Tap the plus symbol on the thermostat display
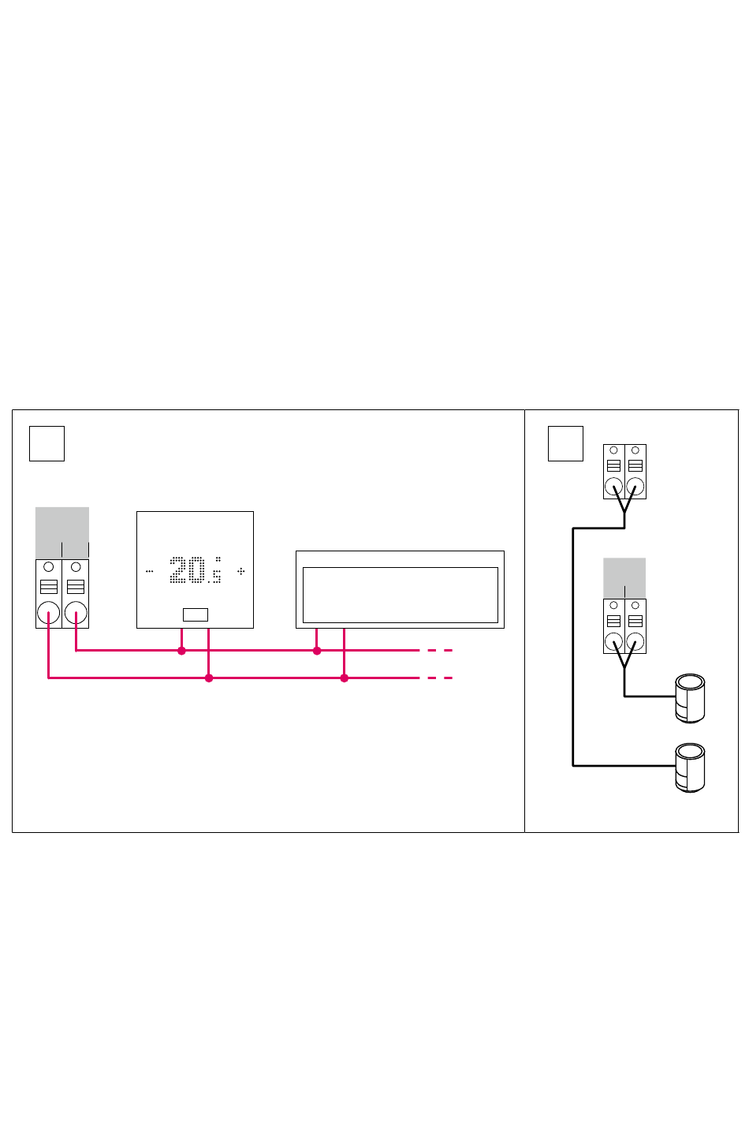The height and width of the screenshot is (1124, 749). click(241, 570)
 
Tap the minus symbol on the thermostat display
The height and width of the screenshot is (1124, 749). click(149, 570)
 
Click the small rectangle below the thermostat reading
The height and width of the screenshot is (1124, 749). click(196, 614)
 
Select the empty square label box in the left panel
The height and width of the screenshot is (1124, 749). click(47, 443)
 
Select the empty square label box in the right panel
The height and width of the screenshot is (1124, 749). click(565, 443)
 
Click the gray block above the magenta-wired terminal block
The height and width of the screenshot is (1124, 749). click(62, 532)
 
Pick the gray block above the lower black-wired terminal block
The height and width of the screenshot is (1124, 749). click(624, 577)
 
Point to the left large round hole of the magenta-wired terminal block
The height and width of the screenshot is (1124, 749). click(49, 613)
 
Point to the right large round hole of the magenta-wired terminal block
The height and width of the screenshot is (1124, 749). click(76, 613)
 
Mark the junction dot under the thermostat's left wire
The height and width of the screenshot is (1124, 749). click(181, 651)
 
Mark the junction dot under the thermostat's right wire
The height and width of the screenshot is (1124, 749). click(209, 678)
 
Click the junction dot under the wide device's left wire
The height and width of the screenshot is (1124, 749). click(317, 651)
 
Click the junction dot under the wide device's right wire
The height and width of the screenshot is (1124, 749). click(344, 678)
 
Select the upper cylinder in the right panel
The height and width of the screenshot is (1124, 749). click(690, 698)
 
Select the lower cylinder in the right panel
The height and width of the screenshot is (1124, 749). click(690, 767)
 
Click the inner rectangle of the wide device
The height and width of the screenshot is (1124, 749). click(401, 595)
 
